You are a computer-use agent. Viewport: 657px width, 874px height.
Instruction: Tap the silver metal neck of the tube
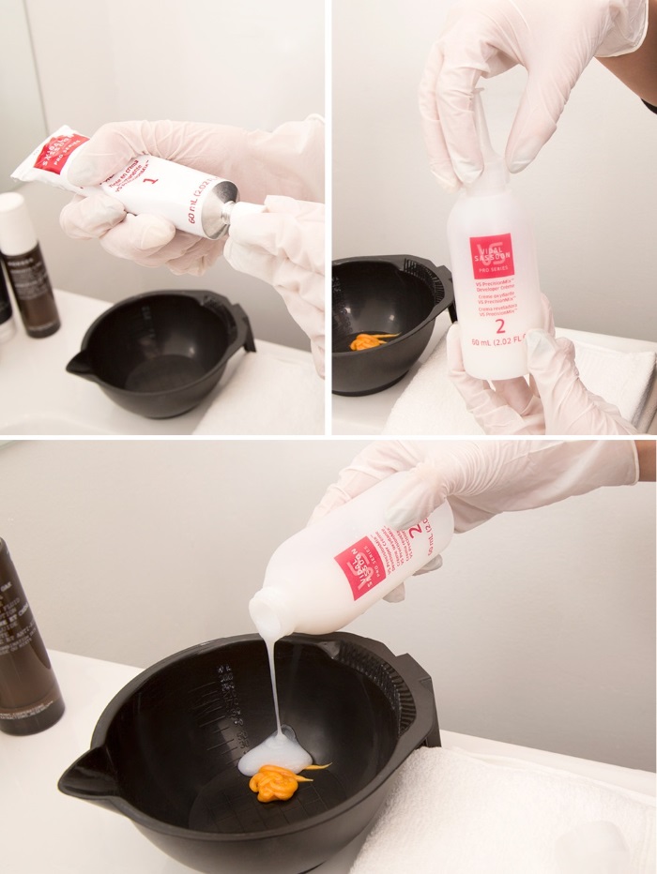click(219, 216)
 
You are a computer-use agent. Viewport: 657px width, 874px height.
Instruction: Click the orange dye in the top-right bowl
click(371, 340)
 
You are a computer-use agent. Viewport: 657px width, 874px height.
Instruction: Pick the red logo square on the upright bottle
click(492, 256)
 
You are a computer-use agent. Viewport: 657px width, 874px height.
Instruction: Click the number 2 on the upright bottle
click(500, 326)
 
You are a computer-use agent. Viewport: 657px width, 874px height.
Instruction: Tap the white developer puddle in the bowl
click(274, 751)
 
